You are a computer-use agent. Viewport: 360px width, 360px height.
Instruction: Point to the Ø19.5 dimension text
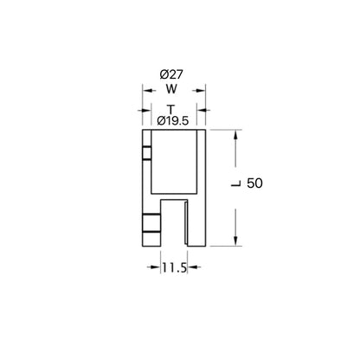tap(174, 120)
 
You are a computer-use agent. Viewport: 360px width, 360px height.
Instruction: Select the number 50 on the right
tap(254, 183)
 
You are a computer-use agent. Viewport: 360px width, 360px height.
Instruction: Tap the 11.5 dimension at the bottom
tap(174, 269)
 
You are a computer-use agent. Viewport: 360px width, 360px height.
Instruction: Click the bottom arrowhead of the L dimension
tap(235, 242)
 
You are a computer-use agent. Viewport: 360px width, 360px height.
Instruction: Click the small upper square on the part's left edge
tap(147, 154)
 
